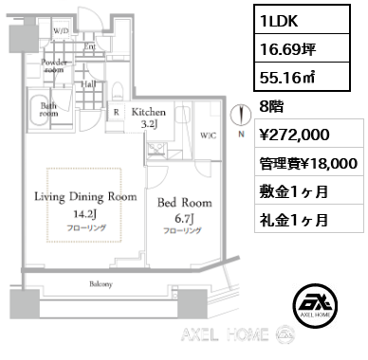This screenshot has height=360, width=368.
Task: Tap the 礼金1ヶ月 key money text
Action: (296, 222)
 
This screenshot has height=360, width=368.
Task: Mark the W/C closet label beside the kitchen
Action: (209, 135)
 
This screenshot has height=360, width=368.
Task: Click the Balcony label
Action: (101, 284)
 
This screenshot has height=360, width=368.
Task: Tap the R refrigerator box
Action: (116, 111)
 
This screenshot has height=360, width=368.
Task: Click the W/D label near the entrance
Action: (62, 31)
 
